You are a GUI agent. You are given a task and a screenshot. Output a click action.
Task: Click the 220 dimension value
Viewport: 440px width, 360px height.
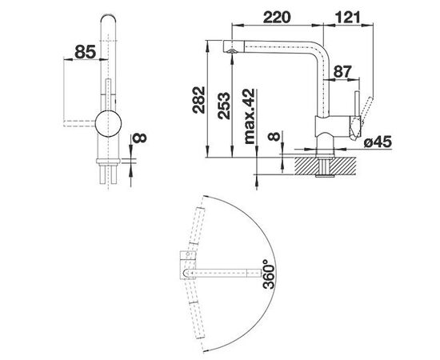276,17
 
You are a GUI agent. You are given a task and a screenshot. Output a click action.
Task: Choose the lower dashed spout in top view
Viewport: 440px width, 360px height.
195,313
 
